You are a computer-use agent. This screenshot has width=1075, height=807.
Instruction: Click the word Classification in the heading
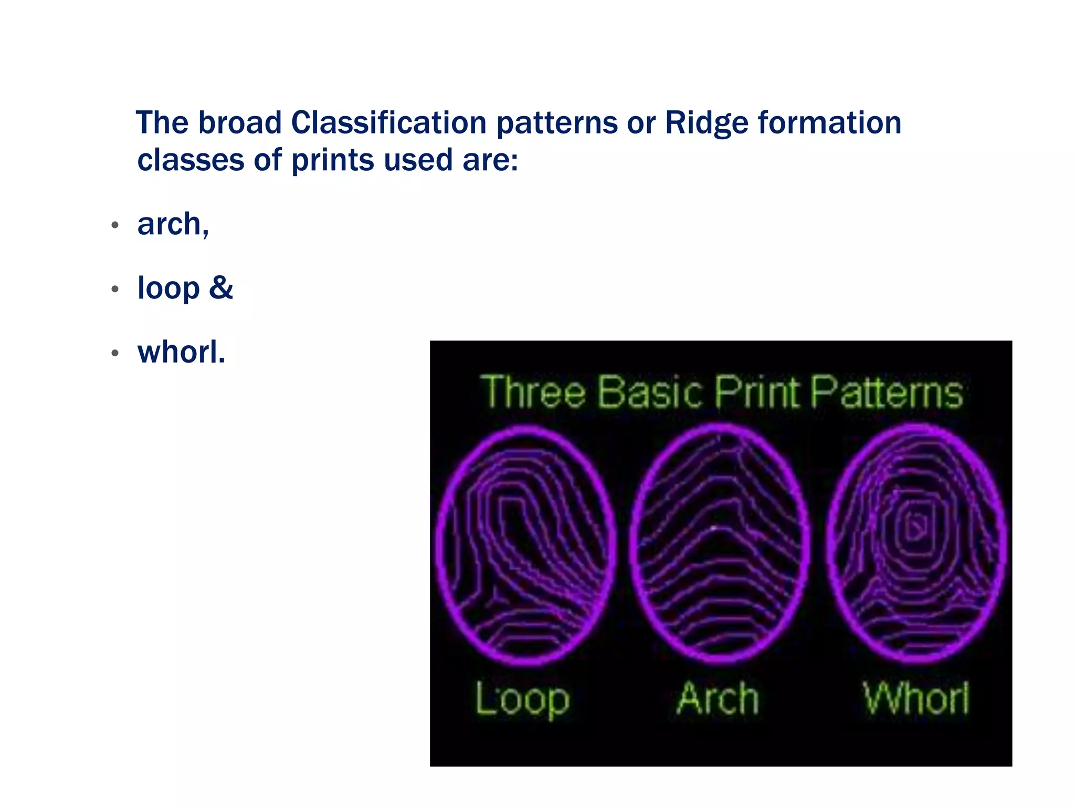388,123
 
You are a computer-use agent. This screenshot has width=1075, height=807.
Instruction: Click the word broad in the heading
240,123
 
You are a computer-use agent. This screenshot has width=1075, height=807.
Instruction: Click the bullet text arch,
173,224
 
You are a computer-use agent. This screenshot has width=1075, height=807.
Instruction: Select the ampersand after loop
221,287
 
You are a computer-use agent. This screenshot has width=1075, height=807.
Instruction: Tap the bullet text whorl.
181,352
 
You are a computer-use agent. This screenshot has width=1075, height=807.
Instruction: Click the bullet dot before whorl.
115,353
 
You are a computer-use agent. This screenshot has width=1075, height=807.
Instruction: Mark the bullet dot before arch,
115,225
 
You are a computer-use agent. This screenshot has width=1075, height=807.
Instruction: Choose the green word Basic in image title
650,392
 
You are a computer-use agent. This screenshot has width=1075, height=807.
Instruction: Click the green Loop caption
522,699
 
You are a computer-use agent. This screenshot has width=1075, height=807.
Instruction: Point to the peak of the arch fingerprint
715,527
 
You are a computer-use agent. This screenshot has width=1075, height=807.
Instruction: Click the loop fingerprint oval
525,545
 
